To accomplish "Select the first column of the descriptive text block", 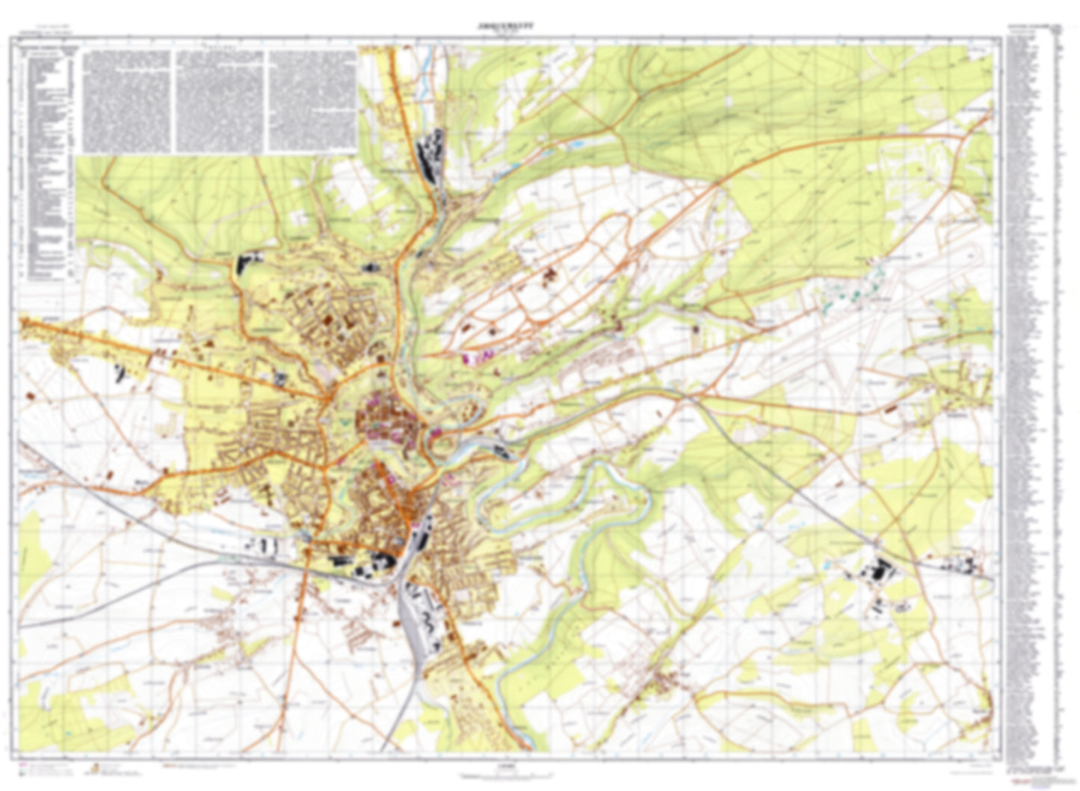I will [127, 100].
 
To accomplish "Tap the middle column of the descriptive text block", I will [220, 100].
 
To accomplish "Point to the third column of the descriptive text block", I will [312, 100].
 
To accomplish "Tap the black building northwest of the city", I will [247, 262].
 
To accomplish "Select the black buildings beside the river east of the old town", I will [501, 449].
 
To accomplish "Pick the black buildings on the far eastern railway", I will [972, 564].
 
